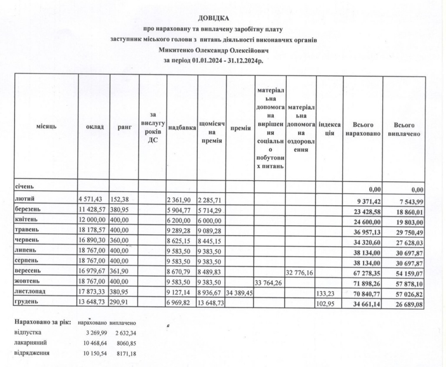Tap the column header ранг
click(124, 127)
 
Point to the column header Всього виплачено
click(404, 129)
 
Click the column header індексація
click(329, 129)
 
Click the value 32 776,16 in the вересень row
click(301, 273)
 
